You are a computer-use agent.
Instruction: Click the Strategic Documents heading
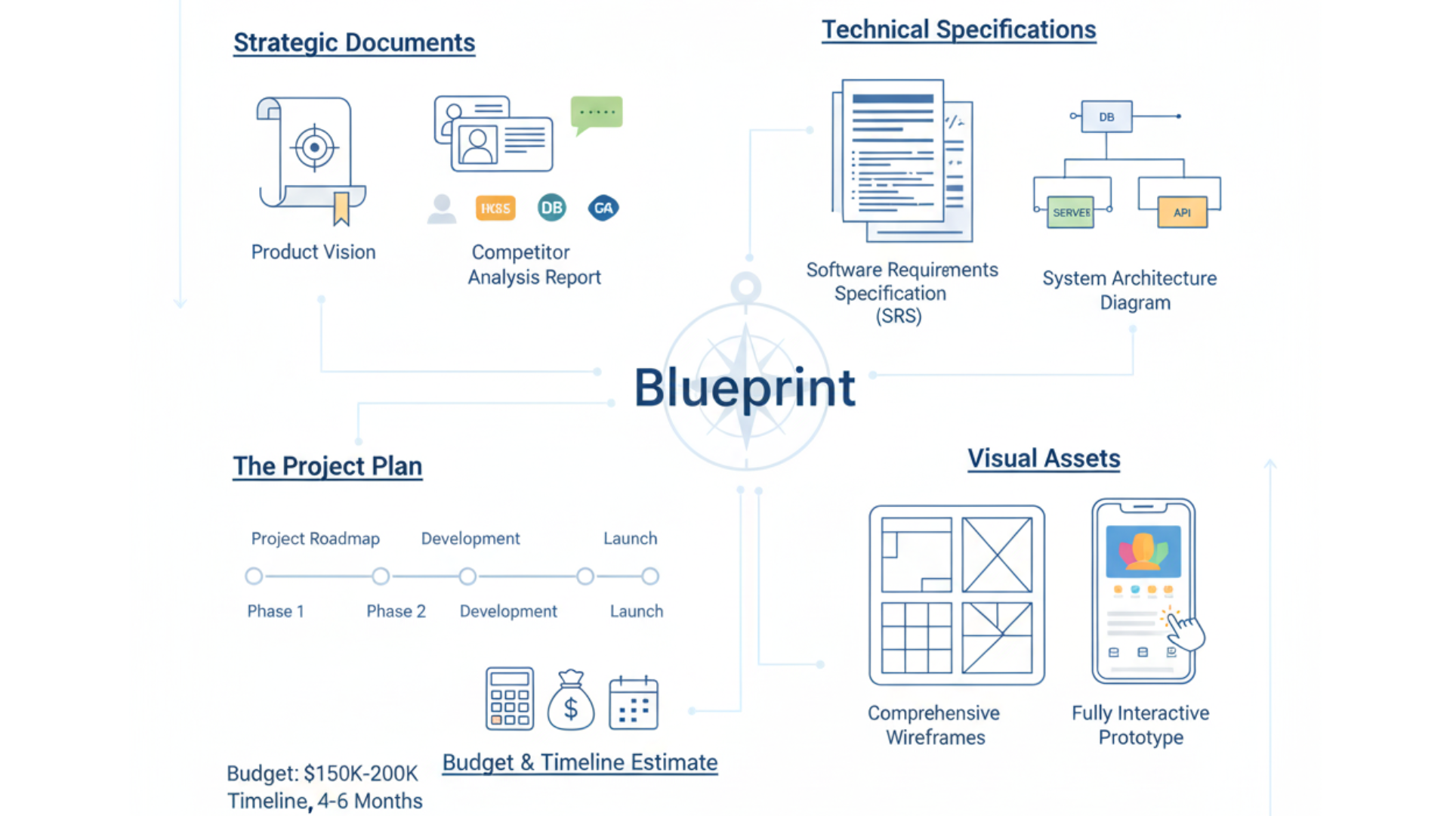[354, 42]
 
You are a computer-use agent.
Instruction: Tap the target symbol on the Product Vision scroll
[314, 147]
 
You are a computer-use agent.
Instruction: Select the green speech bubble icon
[597, 113]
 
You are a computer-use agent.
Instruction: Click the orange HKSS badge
[495, 208]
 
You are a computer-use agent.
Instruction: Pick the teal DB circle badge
[552, 208]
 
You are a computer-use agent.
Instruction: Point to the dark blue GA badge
[603, 208]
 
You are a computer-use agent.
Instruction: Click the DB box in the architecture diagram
[1106, 117]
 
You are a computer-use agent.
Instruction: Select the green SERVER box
[1071, 212]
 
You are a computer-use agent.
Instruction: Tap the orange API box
[1182, 212]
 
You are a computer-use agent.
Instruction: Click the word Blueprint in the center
[745, 388]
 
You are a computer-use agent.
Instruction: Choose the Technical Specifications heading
[958, 29]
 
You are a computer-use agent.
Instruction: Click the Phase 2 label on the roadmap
[396, 611]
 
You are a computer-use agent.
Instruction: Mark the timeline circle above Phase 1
[255, 576]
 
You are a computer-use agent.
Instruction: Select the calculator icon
[510, 699]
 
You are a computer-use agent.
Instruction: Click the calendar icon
[634, 703]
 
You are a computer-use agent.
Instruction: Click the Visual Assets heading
[1044, 459]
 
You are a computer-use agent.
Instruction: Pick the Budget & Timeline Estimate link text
[579, 762]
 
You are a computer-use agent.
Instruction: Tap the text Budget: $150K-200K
[322, 774]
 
